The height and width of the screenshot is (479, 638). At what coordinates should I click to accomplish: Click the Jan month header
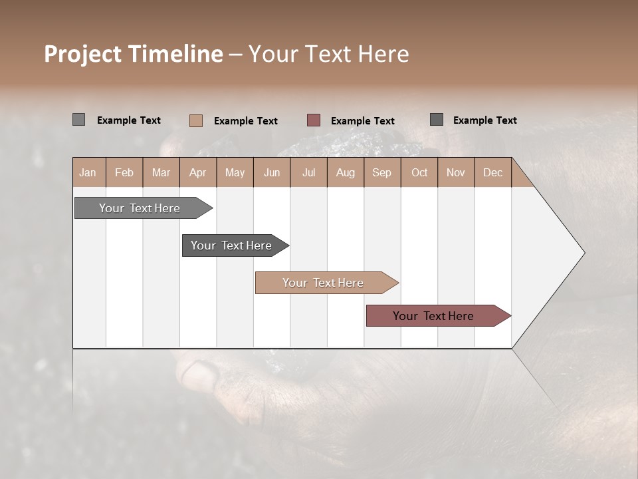coord(88,172)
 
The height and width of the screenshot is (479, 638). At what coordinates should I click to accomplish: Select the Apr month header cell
coord(198,172)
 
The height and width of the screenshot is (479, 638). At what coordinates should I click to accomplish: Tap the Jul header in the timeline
coord(308,172)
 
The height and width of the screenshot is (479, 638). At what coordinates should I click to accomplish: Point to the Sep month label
coord(381,172)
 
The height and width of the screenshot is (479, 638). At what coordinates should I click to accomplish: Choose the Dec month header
coord(492,172)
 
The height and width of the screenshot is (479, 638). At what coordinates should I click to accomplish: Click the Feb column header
coord(124,172)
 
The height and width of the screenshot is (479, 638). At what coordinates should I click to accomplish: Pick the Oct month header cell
coord(419,172)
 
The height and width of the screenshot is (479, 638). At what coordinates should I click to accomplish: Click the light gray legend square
coord(79,120)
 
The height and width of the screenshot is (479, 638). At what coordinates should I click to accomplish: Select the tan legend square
coord(196,120)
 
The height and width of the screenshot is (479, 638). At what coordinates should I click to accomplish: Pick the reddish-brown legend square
coord(314,120)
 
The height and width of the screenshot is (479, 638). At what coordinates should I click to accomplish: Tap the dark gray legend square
coord(437,120)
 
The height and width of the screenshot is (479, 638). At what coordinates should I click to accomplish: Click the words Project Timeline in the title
coord(134,54)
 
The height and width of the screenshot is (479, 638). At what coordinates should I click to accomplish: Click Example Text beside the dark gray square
coord(484,120)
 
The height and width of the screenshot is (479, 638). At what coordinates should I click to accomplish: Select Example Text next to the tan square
coord(245,121)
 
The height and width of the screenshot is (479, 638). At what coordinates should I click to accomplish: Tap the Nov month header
coord(456,172)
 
